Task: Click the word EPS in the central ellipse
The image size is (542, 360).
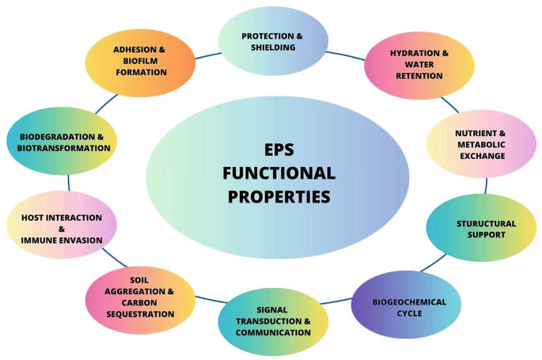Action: pos(279,150)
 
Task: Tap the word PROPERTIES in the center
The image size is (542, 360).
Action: pos(279,196)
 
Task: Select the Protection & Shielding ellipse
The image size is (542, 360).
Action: pos(273,41)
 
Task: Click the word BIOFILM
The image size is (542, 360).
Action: pos(140,61)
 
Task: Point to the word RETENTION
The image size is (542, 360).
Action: pos(419,76)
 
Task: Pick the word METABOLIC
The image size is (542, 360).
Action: pos(481,145)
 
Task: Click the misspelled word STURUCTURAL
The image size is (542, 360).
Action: pos(487,224)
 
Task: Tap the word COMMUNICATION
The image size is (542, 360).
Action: pos(273,332)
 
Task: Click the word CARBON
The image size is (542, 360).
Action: pos(139,303)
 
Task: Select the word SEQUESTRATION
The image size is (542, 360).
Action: pos(140,314)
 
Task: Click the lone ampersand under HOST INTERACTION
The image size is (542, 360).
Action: pos(62,229)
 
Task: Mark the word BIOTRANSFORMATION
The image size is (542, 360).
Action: pos(63,148)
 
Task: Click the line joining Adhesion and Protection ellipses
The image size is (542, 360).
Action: pos(208,55)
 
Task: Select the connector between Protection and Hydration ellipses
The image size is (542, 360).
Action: pos(345,55)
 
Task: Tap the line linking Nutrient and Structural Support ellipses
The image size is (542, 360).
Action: pos(486,186)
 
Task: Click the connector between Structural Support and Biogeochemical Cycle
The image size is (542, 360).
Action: pos(433,263)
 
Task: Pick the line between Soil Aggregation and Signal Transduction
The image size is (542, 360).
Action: pos(211,300)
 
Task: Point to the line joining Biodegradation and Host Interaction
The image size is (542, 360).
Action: pos(69,183)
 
